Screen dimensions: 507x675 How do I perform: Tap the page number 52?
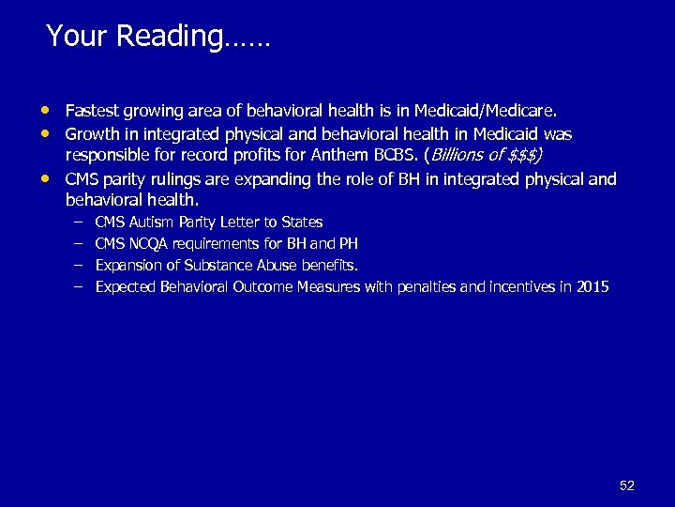point(627,485)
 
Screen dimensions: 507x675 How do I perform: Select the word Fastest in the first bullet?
point(90,112)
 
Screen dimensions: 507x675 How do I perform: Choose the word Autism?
point(152,223)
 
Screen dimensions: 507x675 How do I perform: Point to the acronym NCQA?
point(152,244)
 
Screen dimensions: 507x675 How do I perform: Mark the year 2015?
point(592,287)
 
